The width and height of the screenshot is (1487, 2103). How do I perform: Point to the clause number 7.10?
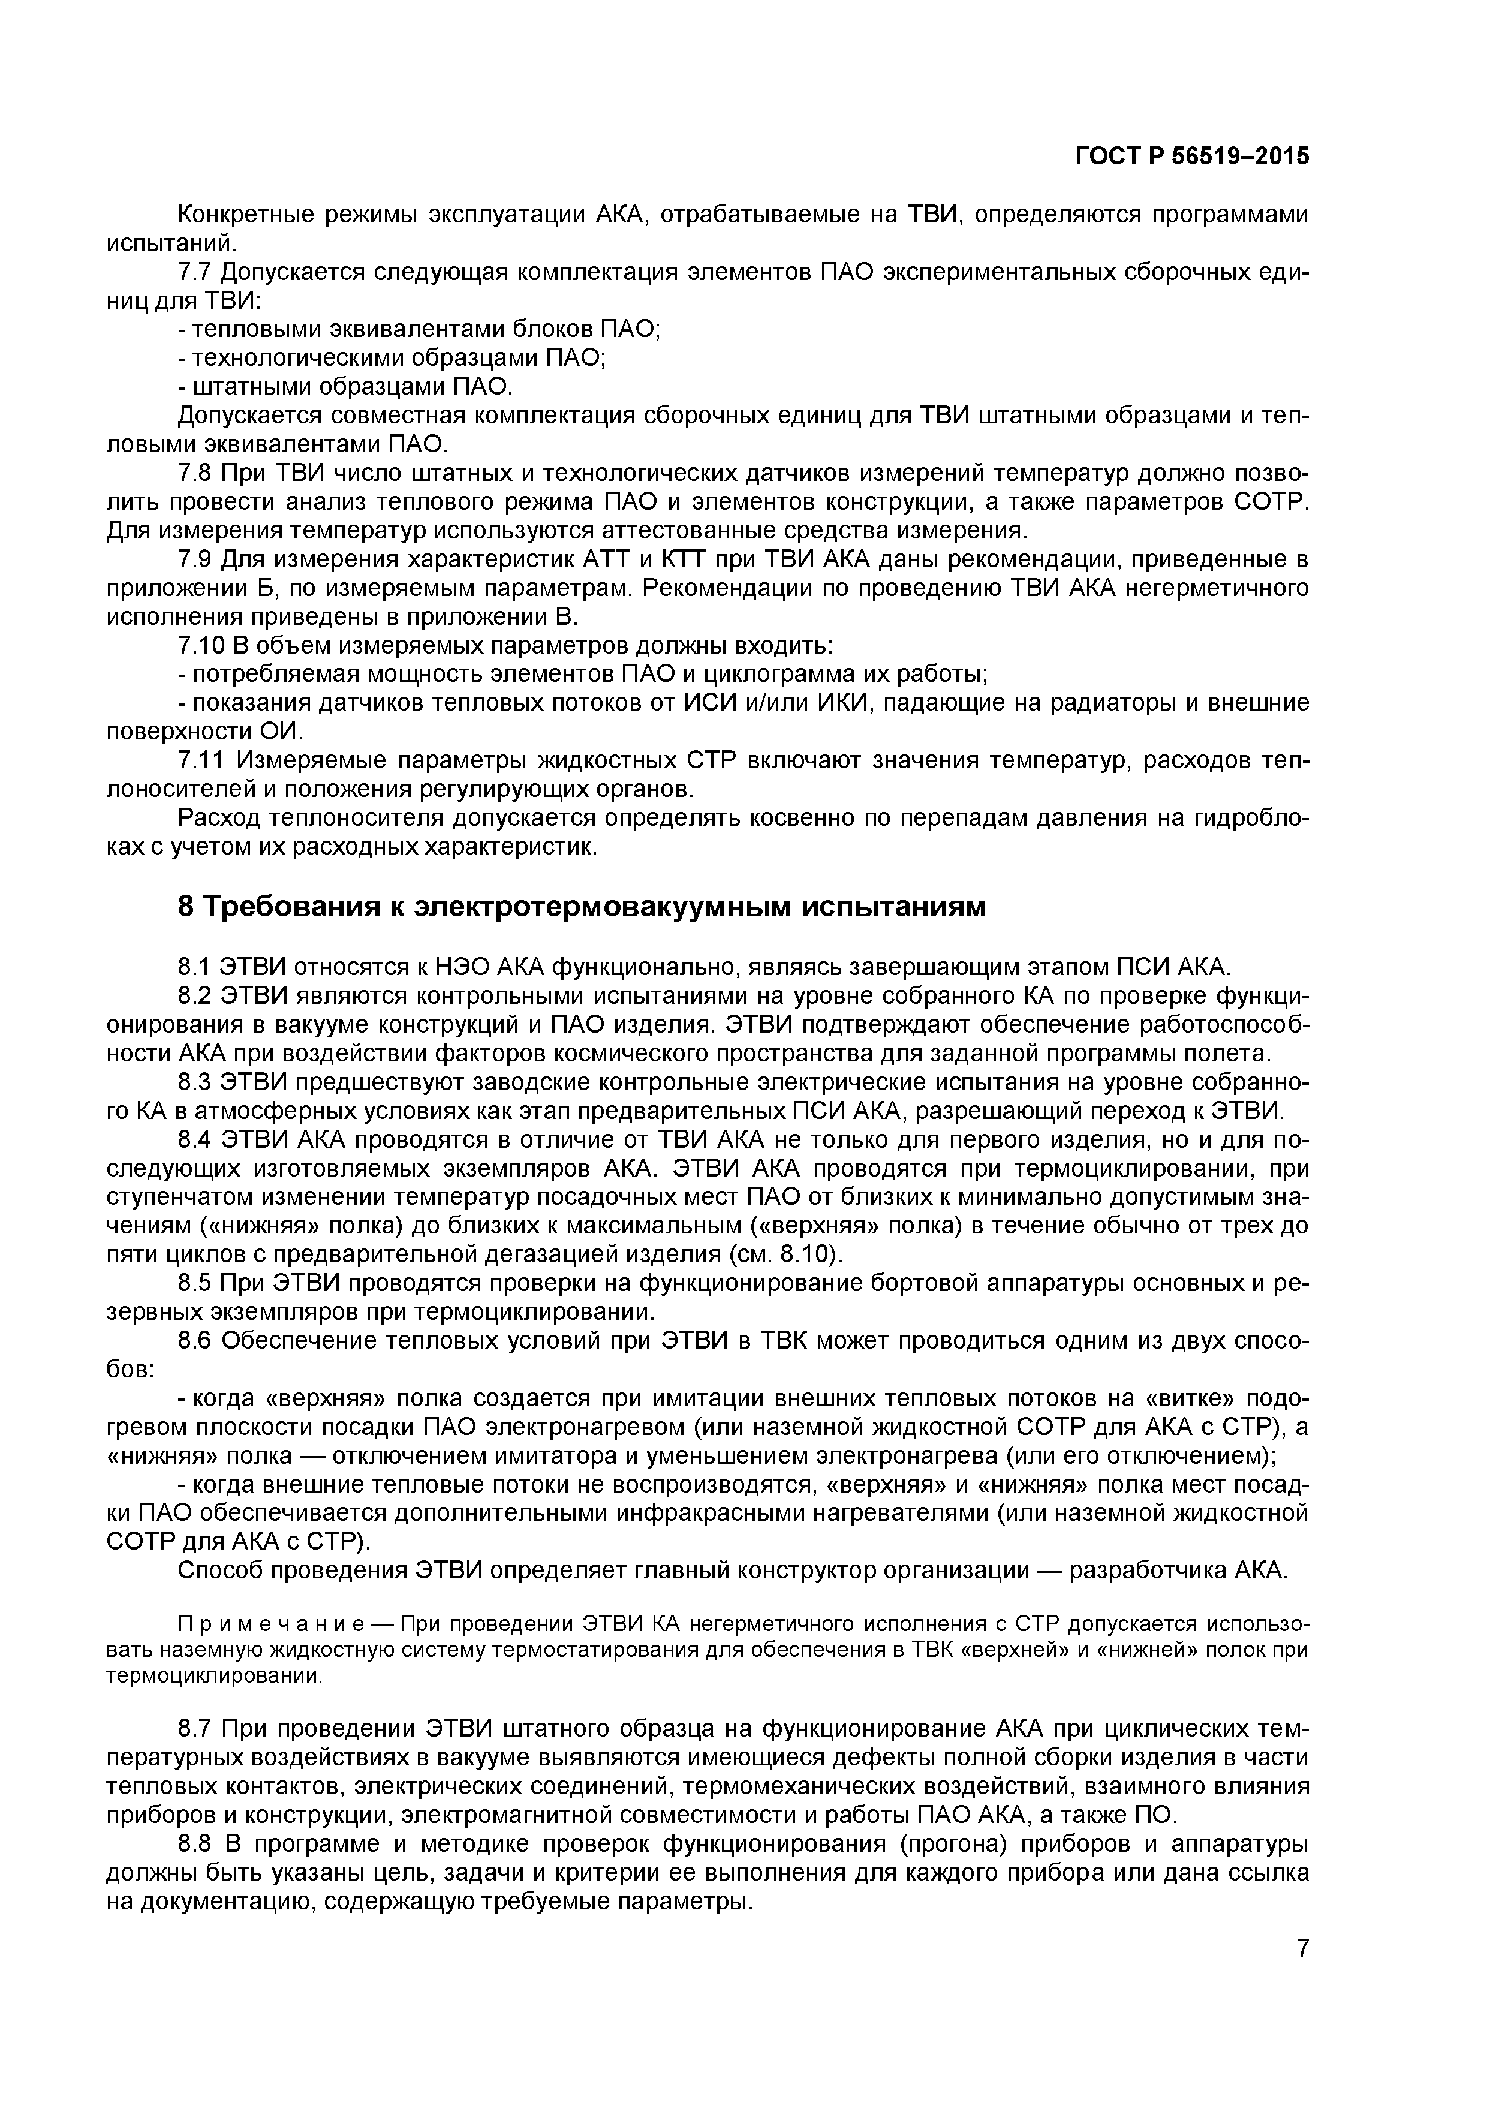coord(200,646)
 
